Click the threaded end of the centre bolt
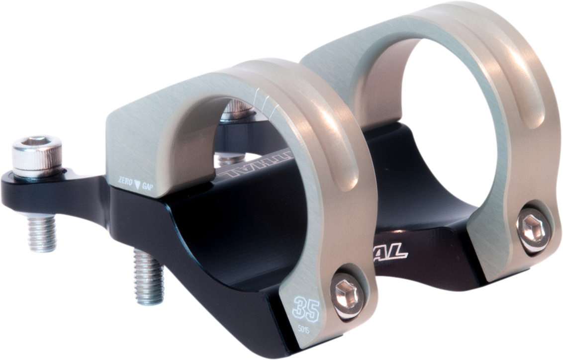tap(148, 276)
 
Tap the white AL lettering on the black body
tap(393, 253)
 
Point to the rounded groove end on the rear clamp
tap(532, 119)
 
